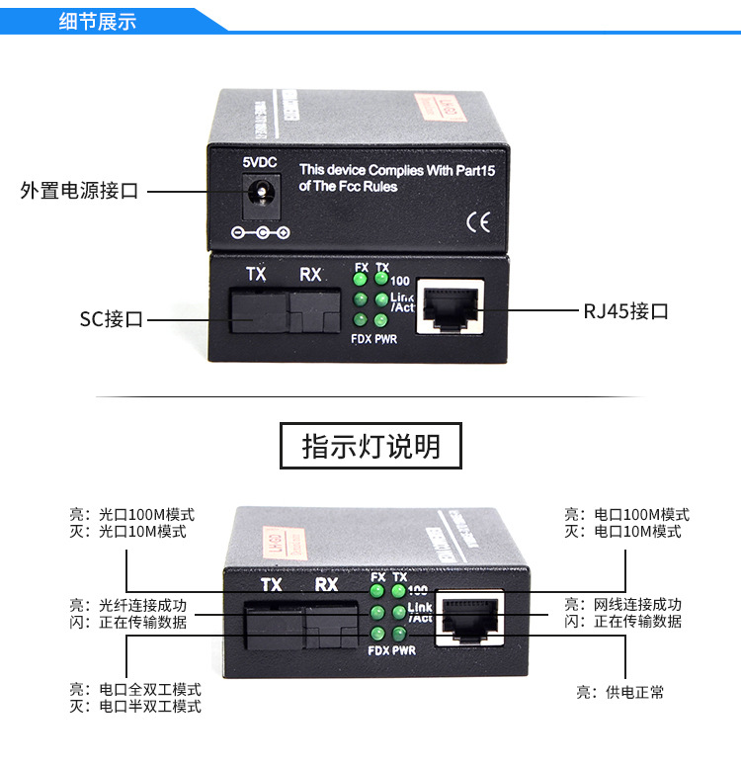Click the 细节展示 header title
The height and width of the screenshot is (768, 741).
tap(98, 21)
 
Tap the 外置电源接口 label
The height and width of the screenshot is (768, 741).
tap(79, 191)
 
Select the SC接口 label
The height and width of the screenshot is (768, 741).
tap(112, 319)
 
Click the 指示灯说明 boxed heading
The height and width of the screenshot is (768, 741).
tap(370, 446)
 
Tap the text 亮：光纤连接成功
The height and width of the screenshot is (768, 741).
tap(127, 605)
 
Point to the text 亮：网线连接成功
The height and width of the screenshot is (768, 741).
tap(622, 605)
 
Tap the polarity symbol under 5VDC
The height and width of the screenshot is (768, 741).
tap(260, 233)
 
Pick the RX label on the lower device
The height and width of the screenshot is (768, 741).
tap(326, 585)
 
